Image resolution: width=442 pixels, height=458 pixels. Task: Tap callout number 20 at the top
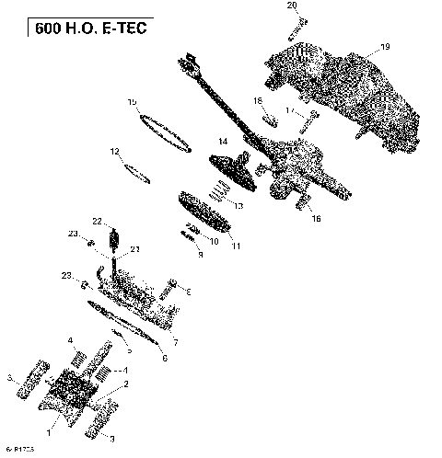[292, 6]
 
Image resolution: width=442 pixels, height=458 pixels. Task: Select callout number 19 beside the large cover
[385, 47]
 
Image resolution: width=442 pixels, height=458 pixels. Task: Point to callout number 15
[133, 101]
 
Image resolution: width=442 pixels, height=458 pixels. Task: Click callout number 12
[115, 151]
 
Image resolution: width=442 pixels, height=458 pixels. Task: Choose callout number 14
[222, 141]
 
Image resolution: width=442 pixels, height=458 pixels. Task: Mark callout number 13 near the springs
[238, 206]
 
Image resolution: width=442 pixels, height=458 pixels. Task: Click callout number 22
[97, 221]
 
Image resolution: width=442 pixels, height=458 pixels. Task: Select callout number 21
[134, 249]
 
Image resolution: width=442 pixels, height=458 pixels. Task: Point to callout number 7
[175, 341]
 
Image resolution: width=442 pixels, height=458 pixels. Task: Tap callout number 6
[165, 359]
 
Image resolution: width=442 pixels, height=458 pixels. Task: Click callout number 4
[71, 341]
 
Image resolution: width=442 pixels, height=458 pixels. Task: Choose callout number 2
[126, 384]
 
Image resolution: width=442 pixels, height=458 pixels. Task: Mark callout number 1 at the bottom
[51, 425]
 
